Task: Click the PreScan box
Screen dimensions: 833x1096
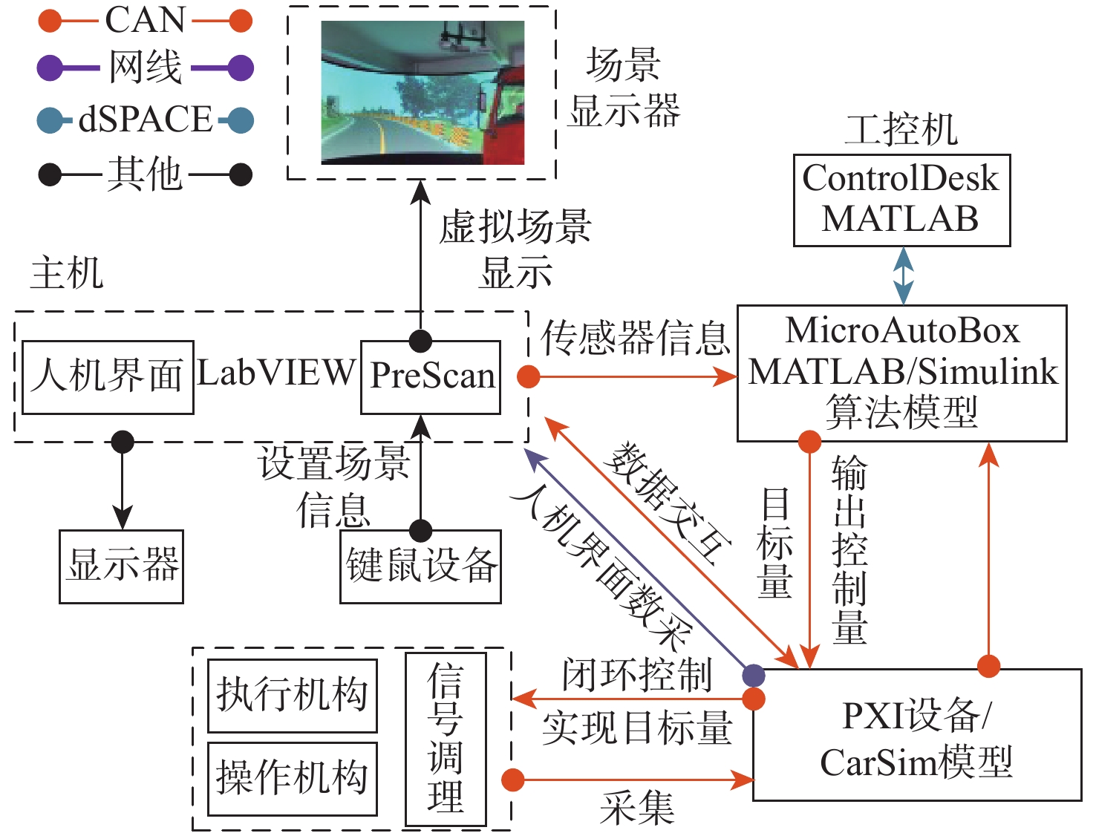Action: (431, 376)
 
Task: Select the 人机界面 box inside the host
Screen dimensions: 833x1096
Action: (108, 376)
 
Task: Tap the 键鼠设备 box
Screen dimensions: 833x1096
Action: (420, 566)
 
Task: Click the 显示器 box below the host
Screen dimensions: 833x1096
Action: (121, 566)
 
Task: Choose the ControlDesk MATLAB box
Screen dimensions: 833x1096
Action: (901, 200)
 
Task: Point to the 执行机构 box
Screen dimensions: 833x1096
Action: (292, 696)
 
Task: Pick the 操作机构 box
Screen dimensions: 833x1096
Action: (292, 778)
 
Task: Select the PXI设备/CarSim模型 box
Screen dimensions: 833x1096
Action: (916, 735)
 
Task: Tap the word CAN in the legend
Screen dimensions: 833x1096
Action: (145, 20)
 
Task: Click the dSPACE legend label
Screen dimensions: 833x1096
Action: (146, 120)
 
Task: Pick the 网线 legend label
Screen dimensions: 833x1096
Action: (146, 68)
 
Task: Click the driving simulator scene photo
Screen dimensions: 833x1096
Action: (423, 93)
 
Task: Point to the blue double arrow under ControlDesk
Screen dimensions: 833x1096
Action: (903, 275)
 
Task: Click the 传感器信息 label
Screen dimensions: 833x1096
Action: (636, 338)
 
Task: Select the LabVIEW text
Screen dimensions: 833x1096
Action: (276, 373)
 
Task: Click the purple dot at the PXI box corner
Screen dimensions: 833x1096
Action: (753, 674)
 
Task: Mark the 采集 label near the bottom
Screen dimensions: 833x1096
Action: (637, 808)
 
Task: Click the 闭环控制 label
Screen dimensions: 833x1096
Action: (637, 675)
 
